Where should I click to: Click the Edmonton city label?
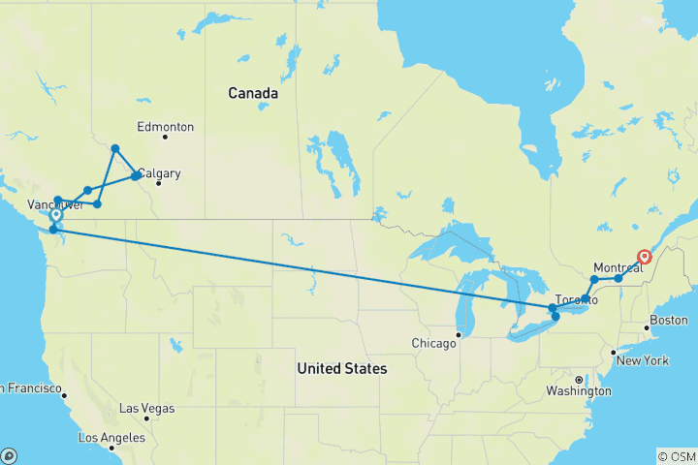165,127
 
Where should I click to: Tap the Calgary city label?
159,174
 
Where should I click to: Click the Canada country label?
253,94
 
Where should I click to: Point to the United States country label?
341,369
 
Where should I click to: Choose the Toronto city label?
576,300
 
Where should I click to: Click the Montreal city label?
619,268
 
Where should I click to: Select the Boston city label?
669,321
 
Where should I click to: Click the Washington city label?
578,391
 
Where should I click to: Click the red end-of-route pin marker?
645,257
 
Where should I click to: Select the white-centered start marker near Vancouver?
55,215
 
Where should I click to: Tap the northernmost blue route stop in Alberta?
114,148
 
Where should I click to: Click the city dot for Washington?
579,379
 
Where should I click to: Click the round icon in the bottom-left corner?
10,455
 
